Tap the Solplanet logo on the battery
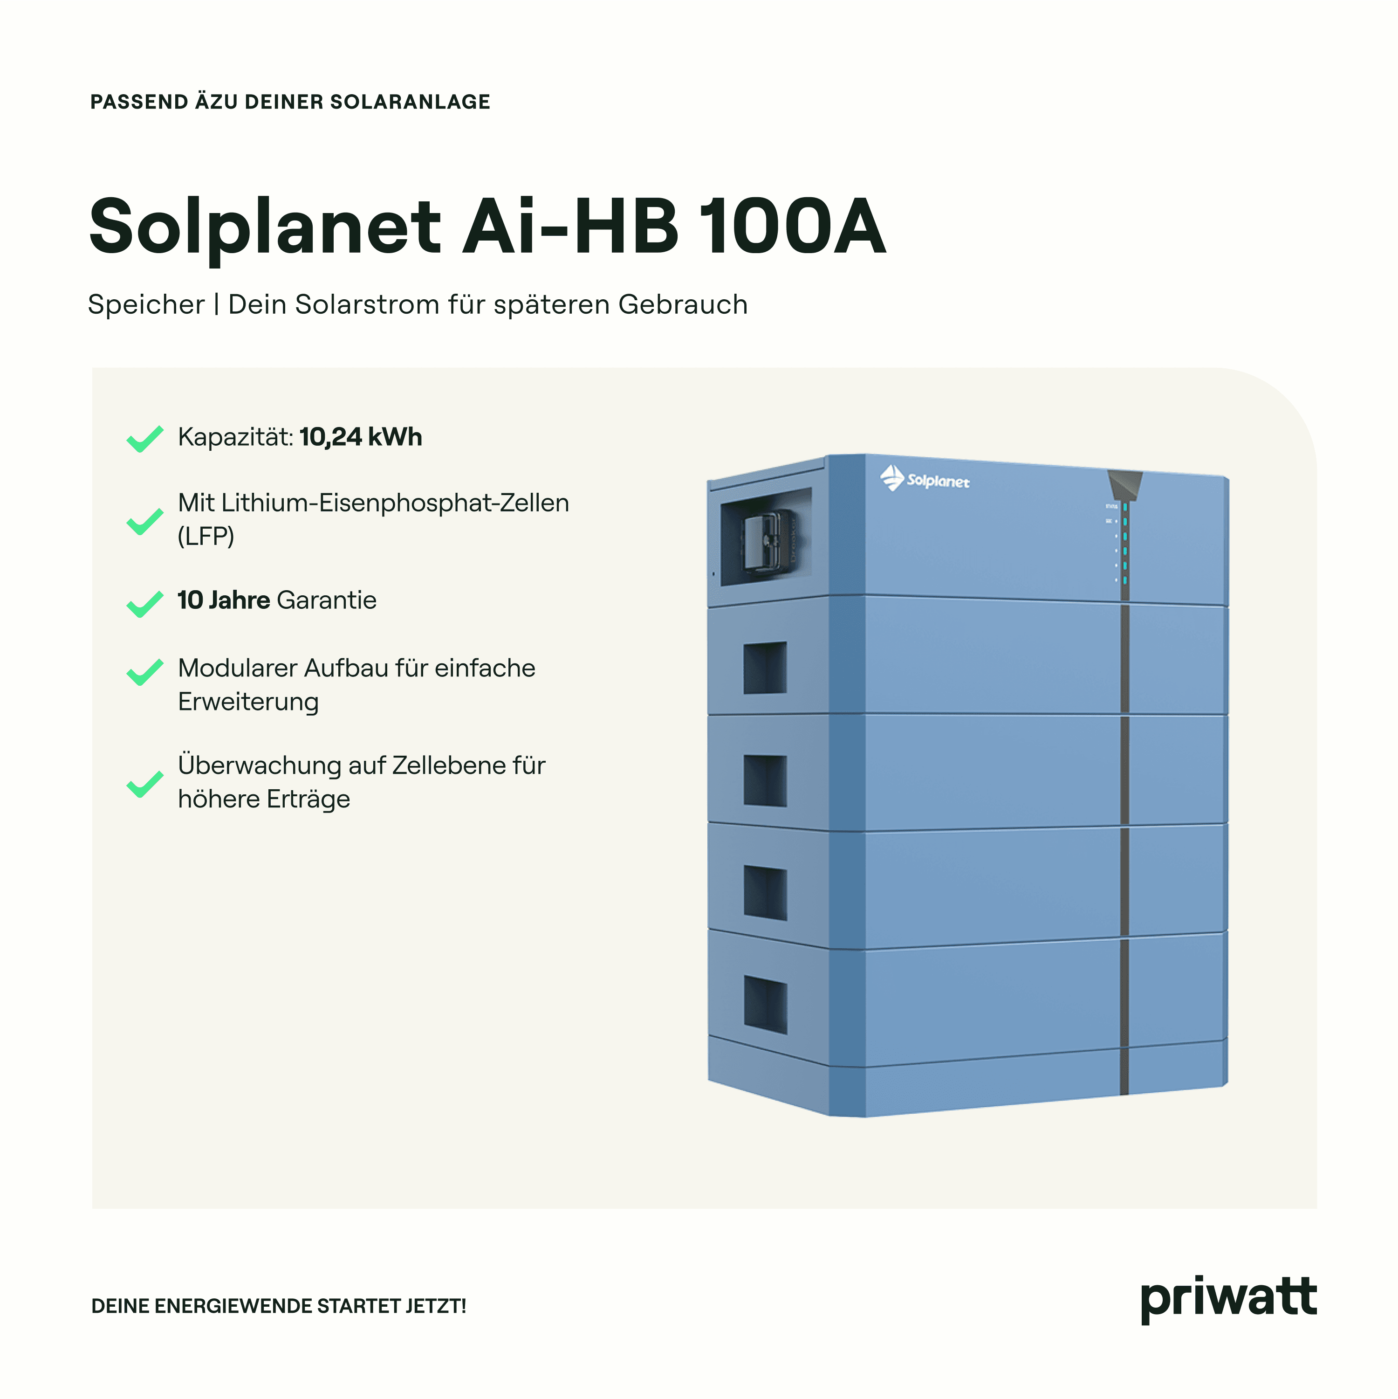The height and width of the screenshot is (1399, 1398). click(925, 479)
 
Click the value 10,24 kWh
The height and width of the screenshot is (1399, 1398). click(361, 437)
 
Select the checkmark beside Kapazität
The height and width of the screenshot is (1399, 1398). click(145, 439)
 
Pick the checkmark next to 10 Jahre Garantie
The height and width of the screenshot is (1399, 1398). click(145, 604)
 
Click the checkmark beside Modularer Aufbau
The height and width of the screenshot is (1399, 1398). click(145, 671)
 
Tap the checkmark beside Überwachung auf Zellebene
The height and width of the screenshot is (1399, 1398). click(145, 784)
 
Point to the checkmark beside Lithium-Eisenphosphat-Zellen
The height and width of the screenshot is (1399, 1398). click(145, 521)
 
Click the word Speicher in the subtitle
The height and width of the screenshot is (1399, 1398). click(146, 305)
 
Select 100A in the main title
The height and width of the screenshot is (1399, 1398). click(793, 227)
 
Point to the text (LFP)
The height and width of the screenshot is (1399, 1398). click(206, 537)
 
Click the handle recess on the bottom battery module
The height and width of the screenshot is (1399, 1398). click(765, 1004)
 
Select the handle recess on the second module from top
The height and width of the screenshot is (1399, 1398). click(765, 667)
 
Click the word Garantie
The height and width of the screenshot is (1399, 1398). click(327, 600)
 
